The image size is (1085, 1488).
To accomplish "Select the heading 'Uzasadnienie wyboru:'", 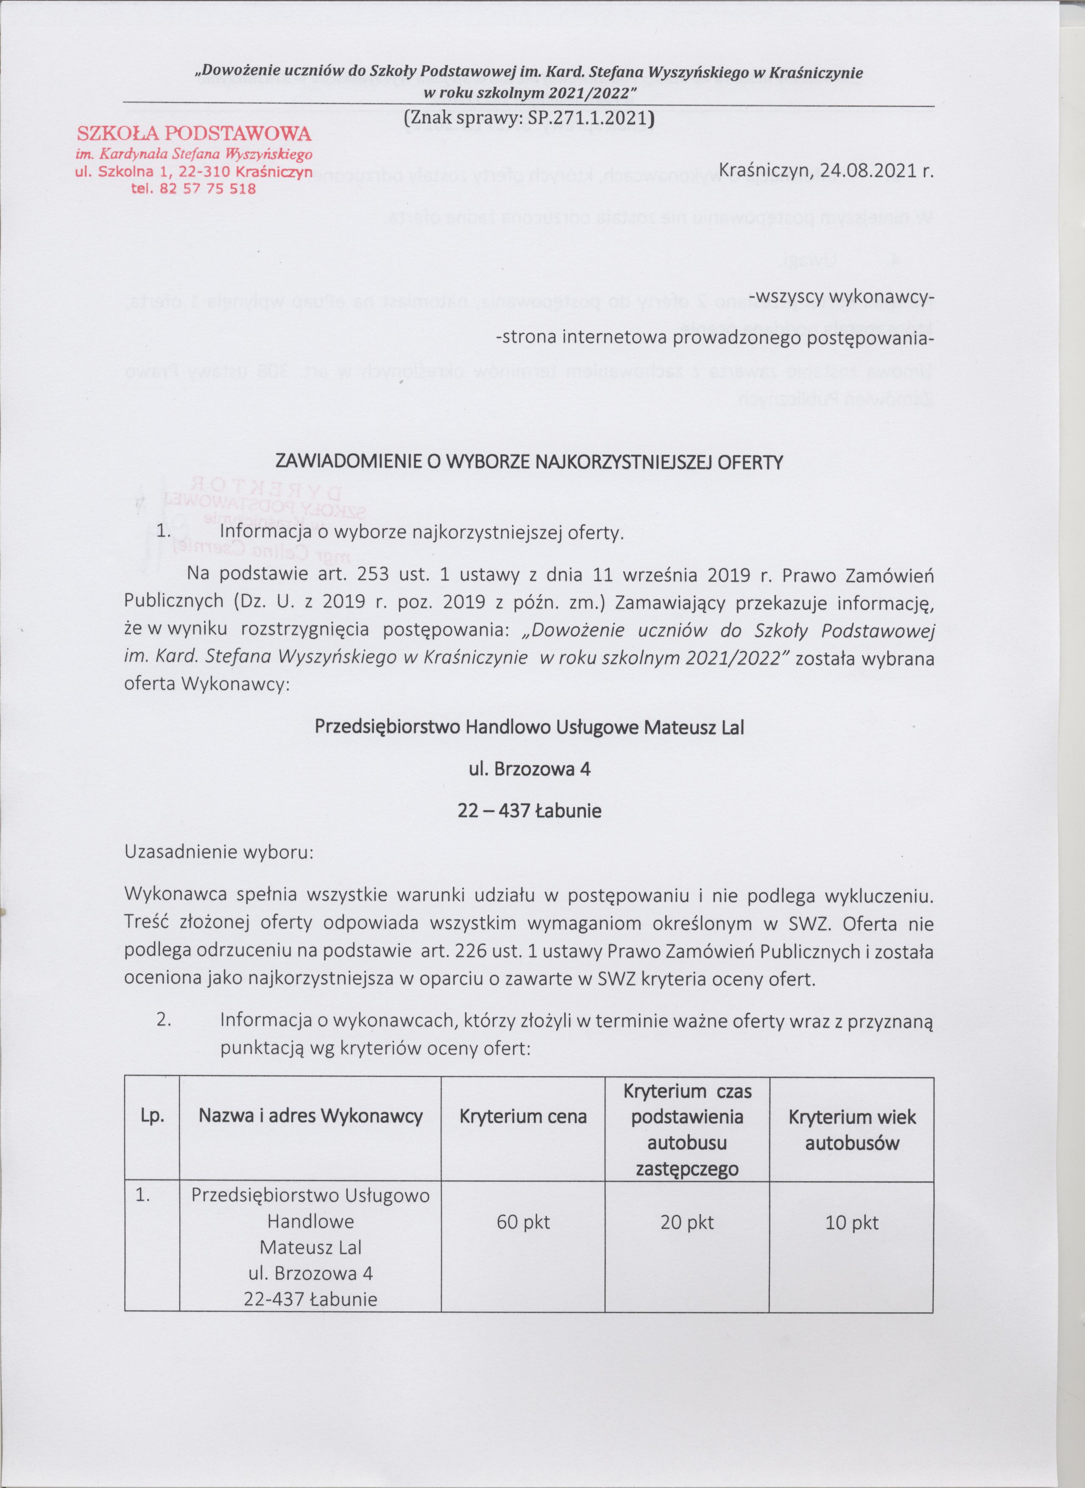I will [x=219, y=854].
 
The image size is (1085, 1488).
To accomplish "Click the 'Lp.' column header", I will [x=152, y=1116].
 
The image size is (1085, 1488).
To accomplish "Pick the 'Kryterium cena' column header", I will [x=523, y=1116].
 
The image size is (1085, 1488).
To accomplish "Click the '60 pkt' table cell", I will [x=523, y=1222].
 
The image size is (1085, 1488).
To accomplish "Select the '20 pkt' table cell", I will [x=687, y=1222].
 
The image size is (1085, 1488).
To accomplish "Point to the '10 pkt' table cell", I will [x=852, y=1222].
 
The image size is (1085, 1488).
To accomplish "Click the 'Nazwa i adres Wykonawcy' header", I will [x=311, y=1116].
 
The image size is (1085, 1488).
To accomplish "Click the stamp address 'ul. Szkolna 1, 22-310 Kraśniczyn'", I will [x=195, y=173].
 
